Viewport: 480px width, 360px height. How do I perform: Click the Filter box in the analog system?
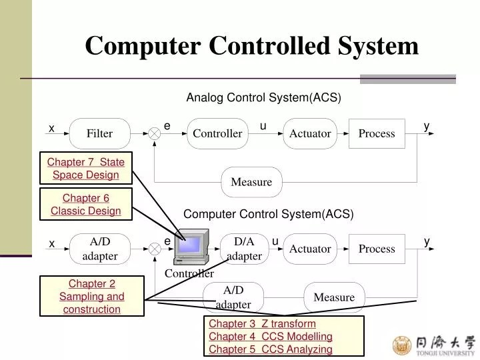pos(99,133)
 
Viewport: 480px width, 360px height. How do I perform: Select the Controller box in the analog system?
pos(217,133)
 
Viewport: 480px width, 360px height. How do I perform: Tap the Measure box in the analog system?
pos(251,182)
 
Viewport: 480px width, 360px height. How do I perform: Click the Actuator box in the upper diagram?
pos(310,133)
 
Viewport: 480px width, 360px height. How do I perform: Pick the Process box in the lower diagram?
pos(377,249)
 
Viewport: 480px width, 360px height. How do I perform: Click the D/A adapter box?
pos(244,248)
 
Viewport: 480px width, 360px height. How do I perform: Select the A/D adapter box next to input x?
pos(99,248)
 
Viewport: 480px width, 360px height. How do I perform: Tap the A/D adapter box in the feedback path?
pos(233,297)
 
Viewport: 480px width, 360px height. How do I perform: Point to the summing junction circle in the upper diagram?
pos(155,133)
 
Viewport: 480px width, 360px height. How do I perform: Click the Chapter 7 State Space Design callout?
pos(86,169)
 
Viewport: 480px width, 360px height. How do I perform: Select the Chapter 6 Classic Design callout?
pos(86,205)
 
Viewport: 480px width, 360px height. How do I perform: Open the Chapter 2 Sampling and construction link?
pos(92,297)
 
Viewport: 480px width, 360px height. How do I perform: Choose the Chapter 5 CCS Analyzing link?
pos(270,349)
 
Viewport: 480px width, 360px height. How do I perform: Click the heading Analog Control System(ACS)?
pos(263,98)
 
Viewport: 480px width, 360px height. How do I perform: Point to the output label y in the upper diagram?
pos(427,126)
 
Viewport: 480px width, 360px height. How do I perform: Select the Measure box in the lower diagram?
pos(334,297)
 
